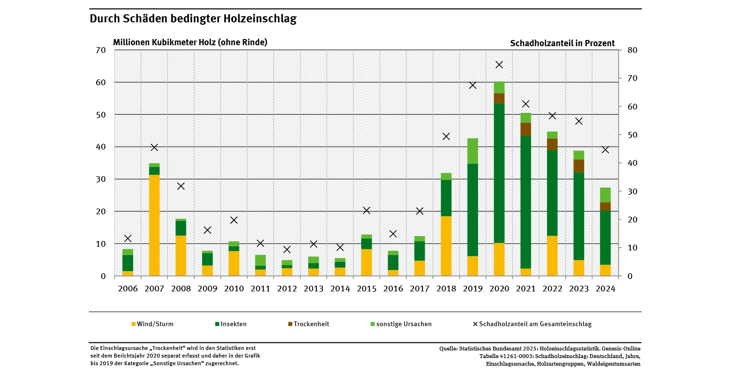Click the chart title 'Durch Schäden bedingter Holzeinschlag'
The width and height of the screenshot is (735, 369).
coord(193,19)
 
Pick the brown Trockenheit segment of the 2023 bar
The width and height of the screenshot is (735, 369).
coord(578,166)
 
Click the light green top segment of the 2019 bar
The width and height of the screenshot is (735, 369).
coord(472,151)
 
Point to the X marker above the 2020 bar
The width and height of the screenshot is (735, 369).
coord(499,65)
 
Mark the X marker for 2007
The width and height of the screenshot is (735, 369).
coord(154,148)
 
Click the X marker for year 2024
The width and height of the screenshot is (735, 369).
coord(605,150)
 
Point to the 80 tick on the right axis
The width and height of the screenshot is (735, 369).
coord(633,50)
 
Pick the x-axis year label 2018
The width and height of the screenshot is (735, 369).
coord(446,289)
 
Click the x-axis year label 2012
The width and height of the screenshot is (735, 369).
coord(287,289)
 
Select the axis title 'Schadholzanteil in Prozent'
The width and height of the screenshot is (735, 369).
coord(562,43)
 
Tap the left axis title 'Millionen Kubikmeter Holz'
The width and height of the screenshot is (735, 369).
coord(190,42)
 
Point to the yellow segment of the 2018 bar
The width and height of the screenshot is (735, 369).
coord(446,246)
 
